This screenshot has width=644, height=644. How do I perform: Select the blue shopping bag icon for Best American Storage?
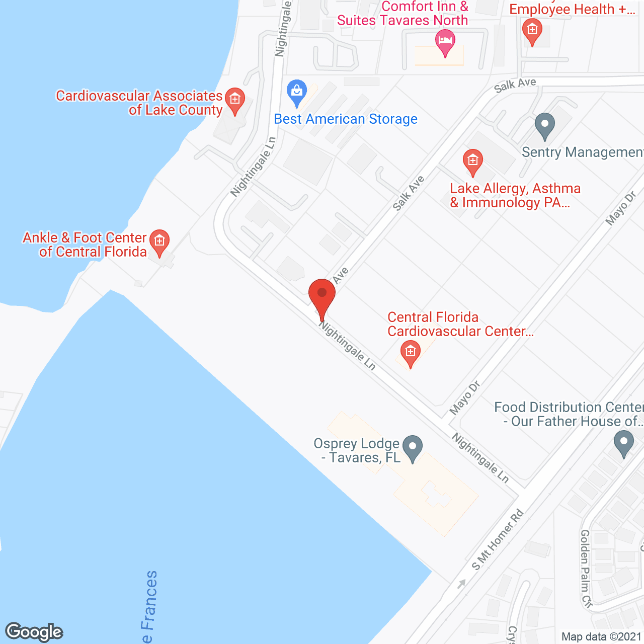coord(297,92)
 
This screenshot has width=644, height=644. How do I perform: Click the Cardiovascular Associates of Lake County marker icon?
coord(234,100)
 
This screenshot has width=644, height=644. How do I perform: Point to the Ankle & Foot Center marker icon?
coord(159,242)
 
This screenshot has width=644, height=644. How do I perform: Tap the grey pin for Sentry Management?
coord(544,125)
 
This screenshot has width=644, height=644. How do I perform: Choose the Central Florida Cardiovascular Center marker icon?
coord(410,352)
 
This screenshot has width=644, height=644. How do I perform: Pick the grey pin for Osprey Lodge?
coord(413,447)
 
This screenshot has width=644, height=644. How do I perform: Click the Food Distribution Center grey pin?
coord(624,443)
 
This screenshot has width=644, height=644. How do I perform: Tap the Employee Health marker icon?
coord(532,30)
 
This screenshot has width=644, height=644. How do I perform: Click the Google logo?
coord(34,632)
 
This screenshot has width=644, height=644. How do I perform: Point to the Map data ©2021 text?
coord(601,637)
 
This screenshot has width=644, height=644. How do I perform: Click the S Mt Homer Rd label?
coord(498,540)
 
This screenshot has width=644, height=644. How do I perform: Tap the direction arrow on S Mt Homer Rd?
coord(461,584)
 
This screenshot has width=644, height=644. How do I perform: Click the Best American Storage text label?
coord(346,119)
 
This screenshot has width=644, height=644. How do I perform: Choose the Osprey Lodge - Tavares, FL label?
coord(357,451)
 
